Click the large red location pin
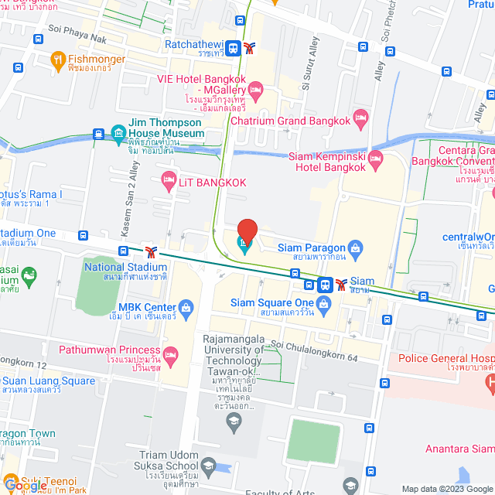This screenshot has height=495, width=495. coord(247,231)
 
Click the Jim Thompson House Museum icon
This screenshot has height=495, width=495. coord(118,133)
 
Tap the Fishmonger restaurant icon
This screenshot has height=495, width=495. coord(57,59)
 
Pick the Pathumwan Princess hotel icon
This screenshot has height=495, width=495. coord(170,354)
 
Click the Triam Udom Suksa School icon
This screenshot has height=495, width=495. coord(207,465)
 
